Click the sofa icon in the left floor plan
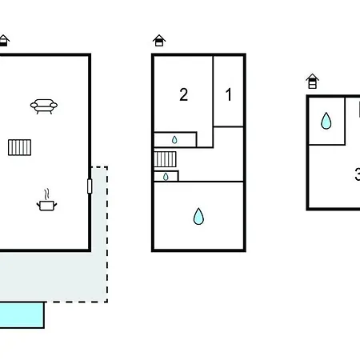tap(44, 106)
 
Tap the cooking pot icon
tap(46, 206)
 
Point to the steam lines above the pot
tap(46, 194)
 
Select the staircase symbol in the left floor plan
tap(19, 147)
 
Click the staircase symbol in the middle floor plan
tap(165, 159)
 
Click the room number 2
tap(183, 94)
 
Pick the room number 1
tap(229, 94)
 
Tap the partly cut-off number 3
tap(358, 174)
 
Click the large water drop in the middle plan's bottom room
tap(198, 216)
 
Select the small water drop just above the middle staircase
tap(174, 140)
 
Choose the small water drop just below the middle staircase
tap(166, 177)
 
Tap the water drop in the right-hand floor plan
tap(326, 121)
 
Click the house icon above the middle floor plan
tap(159, 41)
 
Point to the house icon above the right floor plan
tap(313, 81)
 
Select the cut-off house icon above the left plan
tap(4, 41)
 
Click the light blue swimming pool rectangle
tap(22, 315)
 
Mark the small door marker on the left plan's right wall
tap(90, 186)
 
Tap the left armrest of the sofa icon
tap(34, 105)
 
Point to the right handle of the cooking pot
tap(55, 205)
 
